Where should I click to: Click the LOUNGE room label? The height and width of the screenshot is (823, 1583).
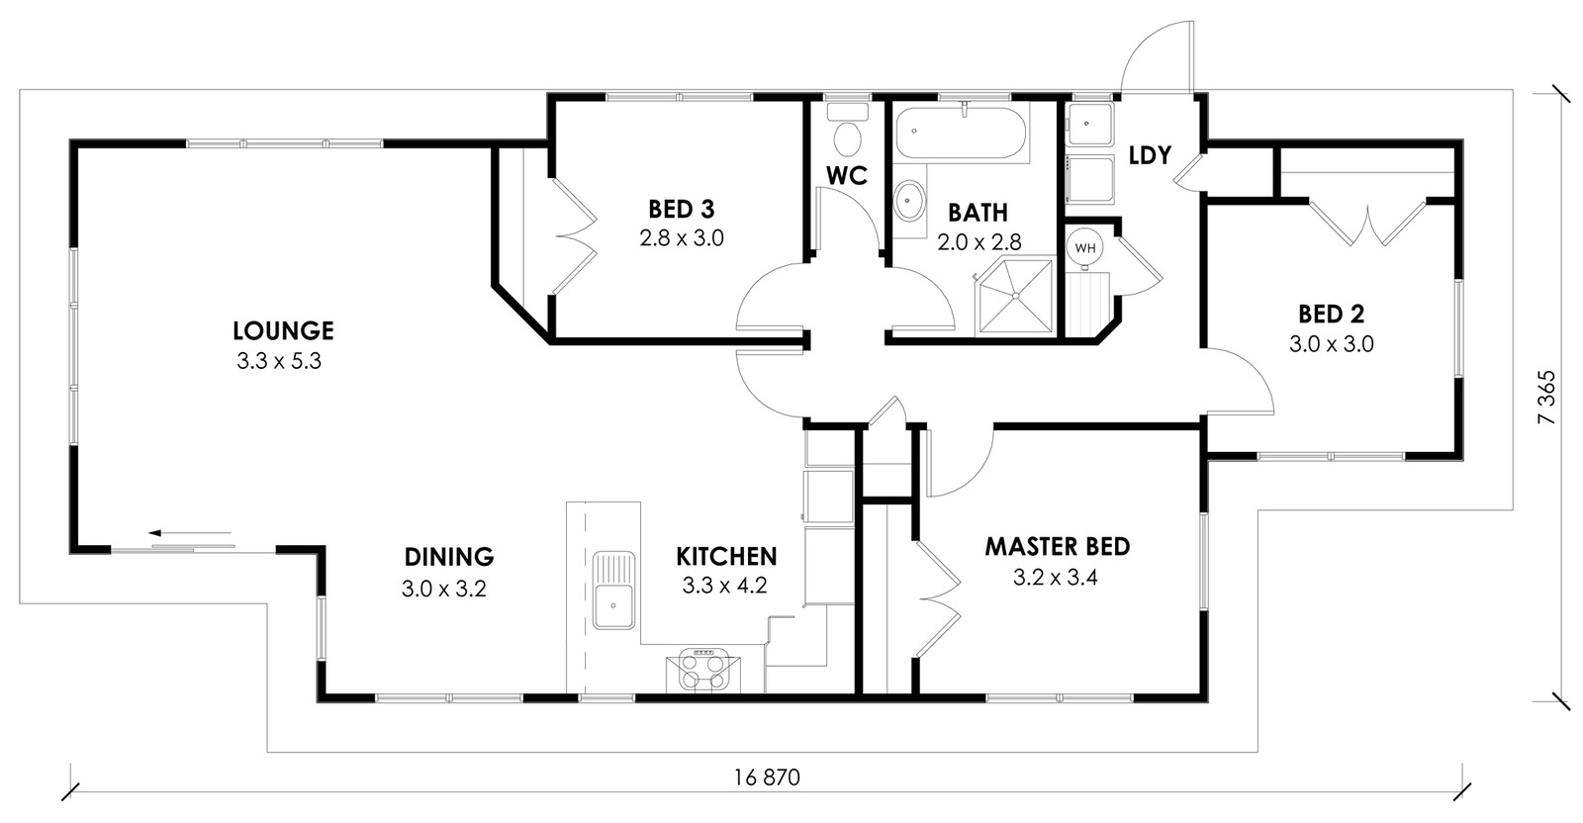click(283, 330)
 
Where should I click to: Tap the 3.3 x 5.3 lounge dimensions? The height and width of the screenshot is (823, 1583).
click(279, 362)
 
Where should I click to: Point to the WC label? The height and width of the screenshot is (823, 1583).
click(847, 175)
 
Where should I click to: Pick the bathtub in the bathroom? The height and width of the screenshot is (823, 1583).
click(961, 133)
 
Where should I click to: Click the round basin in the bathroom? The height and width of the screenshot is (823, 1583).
click(909, 201)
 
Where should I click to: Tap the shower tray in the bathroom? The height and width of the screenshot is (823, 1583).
click(1015, 296)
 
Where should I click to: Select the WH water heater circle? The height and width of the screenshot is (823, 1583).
click(1084, 248)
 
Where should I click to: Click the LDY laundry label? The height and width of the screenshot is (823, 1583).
click(1150, 155)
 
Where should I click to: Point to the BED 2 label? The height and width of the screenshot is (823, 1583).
click(1332, 314)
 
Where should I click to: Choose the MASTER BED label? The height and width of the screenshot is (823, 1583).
click(1058, 547)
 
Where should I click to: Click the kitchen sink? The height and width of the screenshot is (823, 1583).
click(613, 591)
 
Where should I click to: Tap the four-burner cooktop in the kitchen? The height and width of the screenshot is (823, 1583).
click(703, 670)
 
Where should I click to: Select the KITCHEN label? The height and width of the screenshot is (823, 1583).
click(726, 557)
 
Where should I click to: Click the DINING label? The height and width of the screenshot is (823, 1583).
click(449, 557)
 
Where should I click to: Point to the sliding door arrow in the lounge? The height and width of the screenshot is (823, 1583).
click(189, 532)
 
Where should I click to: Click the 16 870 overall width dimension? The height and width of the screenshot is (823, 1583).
click(767, 777)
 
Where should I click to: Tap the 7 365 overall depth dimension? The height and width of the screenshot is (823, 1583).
click(1547, 397)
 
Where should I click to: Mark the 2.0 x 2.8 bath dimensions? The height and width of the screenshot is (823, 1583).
click(979, 243)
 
